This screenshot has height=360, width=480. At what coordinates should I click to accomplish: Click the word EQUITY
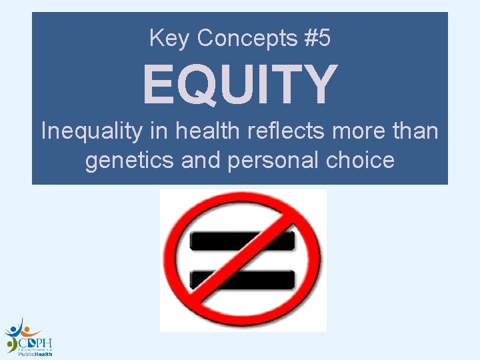240,84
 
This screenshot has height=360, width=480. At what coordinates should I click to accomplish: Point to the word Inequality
91,131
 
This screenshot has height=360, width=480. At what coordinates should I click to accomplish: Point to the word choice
361,161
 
